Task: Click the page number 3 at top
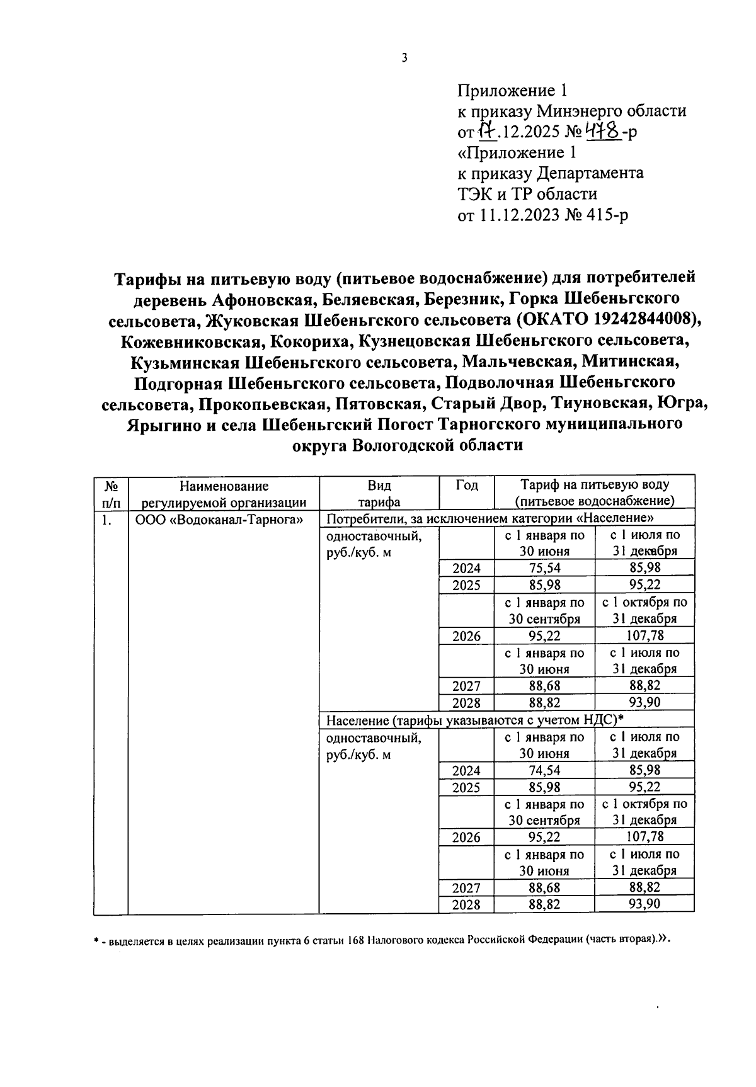click(404, 58)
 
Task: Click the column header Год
click(466, 486)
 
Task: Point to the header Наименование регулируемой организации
click(224, 494)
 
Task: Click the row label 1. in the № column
click(106, 520)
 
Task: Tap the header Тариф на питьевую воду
click(594, 486)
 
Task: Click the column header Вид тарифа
click(379, 494)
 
